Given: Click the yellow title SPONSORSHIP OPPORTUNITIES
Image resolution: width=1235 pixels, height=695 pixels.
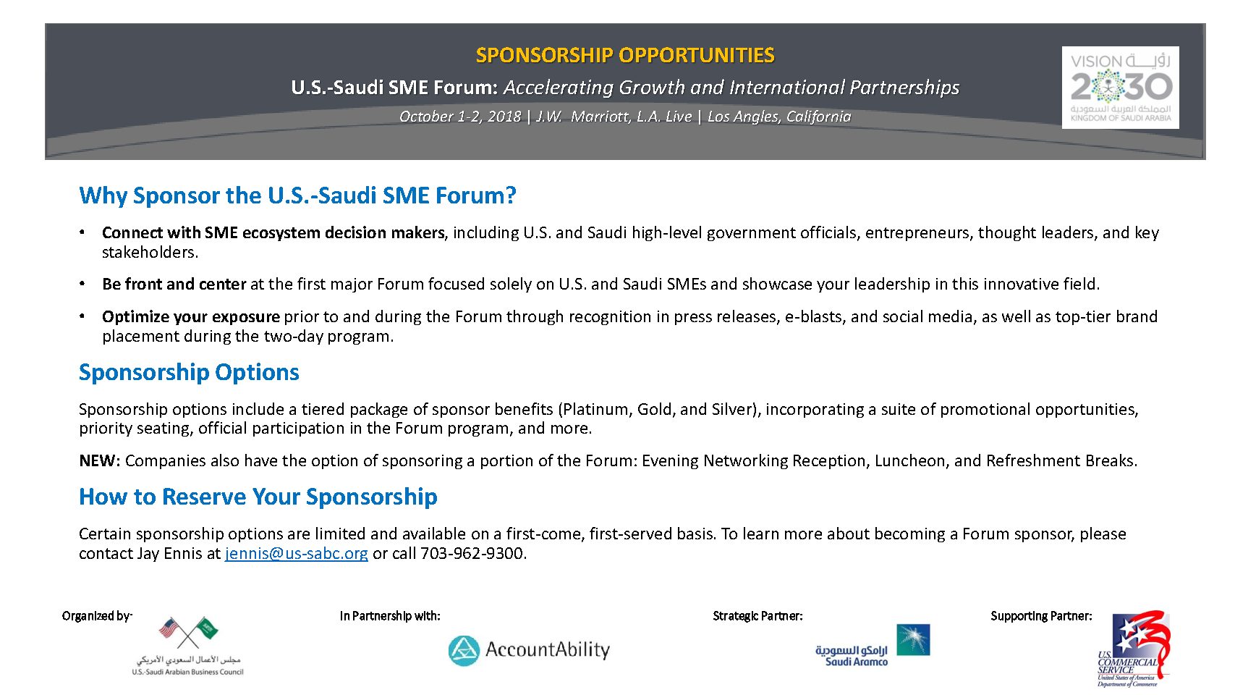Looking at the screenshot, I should pos(625,55).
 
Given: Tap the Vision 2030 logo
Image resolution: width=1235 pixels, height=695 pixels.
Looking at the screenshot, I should pos(1120,88).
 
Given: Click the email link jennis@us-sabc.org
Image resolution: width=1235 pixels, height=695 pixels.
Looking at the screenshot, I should pos(296,554).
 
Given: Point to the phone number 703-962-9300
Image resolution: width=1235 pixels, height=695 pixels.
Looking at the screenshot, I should pos(472,554).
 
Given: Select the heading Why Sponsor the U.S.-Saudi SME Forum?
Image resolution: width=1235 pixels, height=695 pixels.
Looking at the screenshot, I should pos(297,195).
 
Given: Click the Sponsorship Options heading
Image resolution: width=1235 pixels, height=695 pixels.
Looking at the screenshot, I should pos(189,372).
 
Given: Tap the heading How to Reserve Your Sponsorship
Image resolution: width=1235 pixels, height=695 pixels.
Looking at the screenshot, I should pos(258,497).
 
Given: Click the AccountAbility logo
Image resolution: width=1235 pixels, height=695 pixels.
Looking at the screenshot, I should pos(529,650).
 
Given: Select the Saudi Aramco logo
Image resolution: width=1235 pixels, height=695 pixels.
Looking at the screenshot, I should pos(873,645).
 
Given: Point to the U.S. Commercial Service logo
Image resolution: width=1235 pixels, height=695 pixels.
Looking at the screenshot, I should pos(1133,649).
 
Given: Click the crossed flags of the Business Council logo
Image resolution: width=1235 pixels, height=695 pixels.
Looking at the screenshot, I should pos(188,631).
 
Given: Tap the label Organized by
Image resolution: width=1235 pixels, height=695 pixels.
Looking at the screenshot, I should pos(97,616).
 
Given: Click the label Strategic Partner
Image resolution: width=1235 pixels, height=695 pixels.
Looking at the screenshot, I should pos(757,616).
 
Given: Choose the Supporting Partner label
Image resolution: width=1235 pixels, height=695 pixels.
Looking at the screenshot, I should pos(1041,616).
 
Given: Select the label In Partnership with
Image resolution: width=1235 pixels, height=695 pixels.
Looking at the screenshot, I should pos(390,616).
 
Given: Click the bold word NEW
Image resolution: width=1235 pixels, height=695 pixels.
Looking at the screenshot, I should pos(99,461).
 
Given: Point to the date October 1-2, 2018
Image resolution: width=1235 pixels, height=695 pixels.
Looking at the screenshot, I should pos(460,117).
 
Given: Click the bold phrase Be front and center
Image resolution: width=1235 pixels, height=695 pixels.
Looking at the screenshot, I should pos(174,285).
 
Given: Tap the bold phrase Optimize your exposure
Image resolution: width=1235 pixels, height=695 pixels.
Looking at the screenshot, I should pos(190,317).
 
